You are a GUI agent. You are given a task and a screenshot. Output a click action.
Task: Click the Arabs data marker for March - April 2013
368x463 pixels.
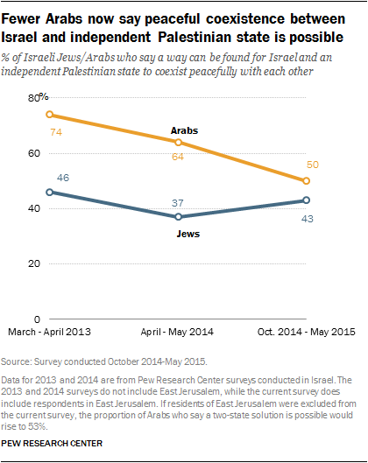[50, 115]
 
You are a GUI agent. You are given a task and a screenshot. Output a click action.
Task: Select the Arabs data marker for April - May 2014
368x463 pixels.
[178, 142]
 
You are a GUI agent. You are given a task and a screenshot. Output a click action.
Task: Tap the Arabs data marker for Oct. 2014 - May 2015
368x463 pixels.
[306, 180]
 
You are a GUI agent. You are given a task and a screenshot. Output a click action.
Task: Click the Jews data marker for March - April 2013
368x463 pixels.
[50, 192]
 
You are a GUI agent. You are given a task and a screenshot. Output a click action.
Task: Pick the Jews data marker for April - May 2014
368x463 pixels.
[178, 217]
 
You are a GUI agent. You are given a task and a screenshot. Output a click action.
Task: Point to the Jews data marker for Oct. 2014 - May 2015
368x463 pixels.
[306, 200]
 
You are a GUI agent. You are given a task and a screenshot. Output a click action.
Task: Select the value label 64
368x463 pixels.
[179, 158]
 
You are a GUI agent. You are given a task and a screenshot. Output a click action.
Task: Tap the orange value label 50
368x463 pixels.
[313, 165]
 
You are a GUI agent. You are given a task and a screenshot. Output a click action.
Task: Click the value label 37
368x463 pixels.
[179, 202]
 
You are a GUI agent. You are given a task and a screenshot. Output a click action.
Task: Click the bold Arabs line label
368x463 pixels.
[184, 130]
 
